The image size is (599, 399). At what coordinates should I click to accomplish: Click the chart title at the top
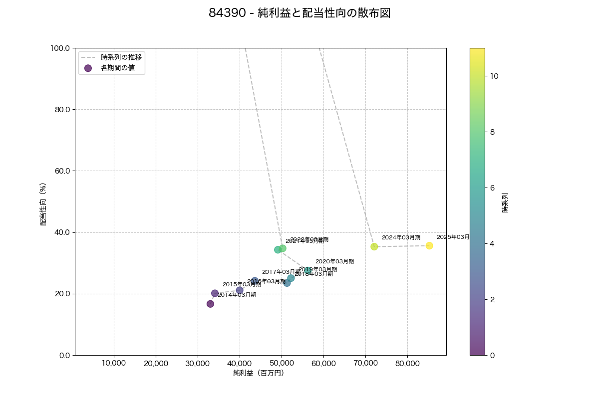coord(299,13)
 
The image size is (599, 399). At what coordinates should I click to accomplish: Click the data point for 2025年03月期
coord(429,245)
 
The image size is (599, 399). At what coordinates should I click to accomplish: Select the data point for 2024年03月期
coord(374,246)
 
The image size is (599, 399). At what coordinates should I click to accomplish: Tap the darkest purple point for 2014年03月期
coord(210,304)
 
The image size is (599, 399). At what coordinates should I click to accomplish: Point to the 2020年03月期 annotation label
coord(334,261)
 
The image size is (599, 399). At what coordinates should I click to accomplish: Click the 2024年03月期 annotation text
coord(401,237)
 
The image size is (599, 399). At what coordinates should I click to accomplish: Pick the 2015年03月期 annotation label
coord(242,284)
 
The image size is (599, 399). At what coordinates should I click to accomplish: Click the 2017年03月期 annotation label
coord(281,272)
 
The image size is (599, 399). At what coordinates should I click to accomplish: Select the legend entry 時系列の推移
coord(121,57)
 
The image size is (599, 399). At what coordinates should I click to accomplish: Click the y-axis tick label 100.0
coord(61,48)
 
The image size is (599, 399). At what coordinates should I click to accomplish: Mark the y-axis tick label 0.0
coord(65,355)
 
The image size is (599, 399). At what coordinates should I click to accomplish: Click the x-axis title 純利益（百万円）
coord(259,373)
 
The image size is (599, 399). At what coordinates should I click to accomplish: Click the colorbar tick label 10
coord(494,76)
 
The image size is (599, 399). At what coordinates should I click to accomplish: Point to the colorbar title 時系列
coord(505,203)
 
